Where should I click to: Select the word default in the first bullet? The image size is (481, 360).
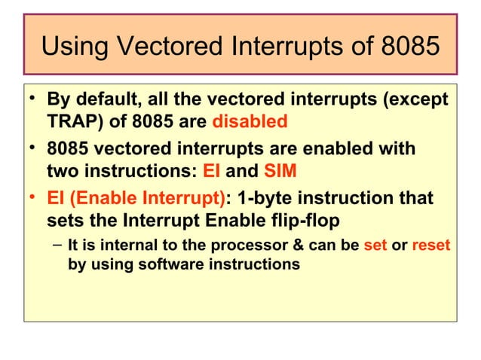[x=108, y=100]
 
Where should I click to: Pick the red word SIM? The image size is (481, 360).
[x=280, y=171]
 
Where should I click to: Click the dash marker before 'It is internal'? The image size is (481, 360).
[x=57, y=246]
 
